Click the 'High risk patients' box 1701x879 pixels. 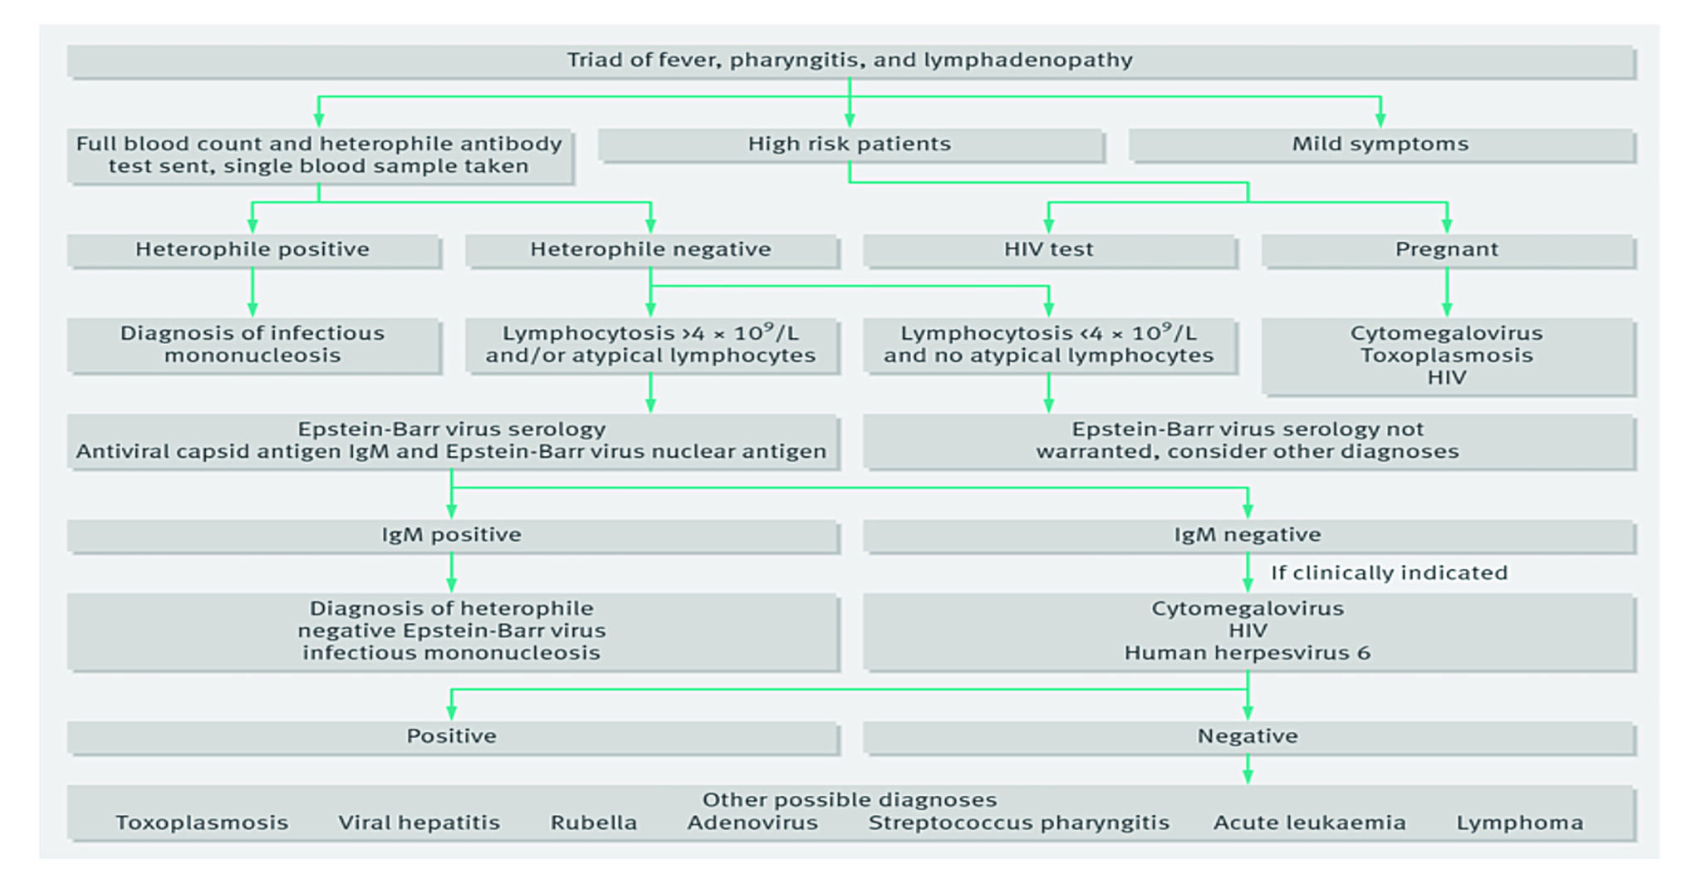click(x=850, y=145)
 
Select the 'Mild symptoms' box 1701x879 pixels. click(x=1380, y=145)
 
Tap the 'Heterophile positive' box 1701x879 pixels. click(x=252, y=249)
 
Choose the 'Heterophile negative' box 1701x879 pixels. click(x=650, y=249)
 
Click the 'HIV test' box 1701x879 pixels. click(x=1048, y=249)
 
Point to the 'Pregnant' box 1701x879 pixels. click(x=1447, y=249)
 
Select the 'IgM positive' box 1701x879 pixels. click(x=451, y=535)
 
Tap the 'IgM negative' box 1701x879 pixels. click(x=1248, y=535)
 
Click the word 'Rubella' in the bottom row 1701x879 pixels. click(x=594, y=823)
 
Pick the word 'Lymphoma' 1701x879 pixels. click(x=1519, y=823)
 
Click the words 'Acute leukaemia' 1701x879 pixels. click(x=1310, y=823)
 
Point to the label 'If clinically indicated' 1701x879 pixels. click(x=1389, y=573)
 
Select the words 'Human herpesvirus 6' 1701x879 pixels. click(x=1248, y=653)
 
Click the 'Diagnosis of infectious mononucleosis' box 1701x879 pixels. click(x=252, y=345)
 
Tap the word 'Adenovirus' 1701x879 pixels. click(x=752, y=823)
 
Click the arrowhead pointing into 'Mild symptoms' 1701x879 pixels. click(x=1380, y=120)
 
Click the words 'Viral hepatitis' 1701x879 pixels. click(x=419, y=823)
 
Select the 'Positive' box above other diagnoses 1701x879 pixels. click(x=451, y=737)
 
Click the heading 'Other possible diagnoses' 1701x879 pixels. click(x=849, y=800)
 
